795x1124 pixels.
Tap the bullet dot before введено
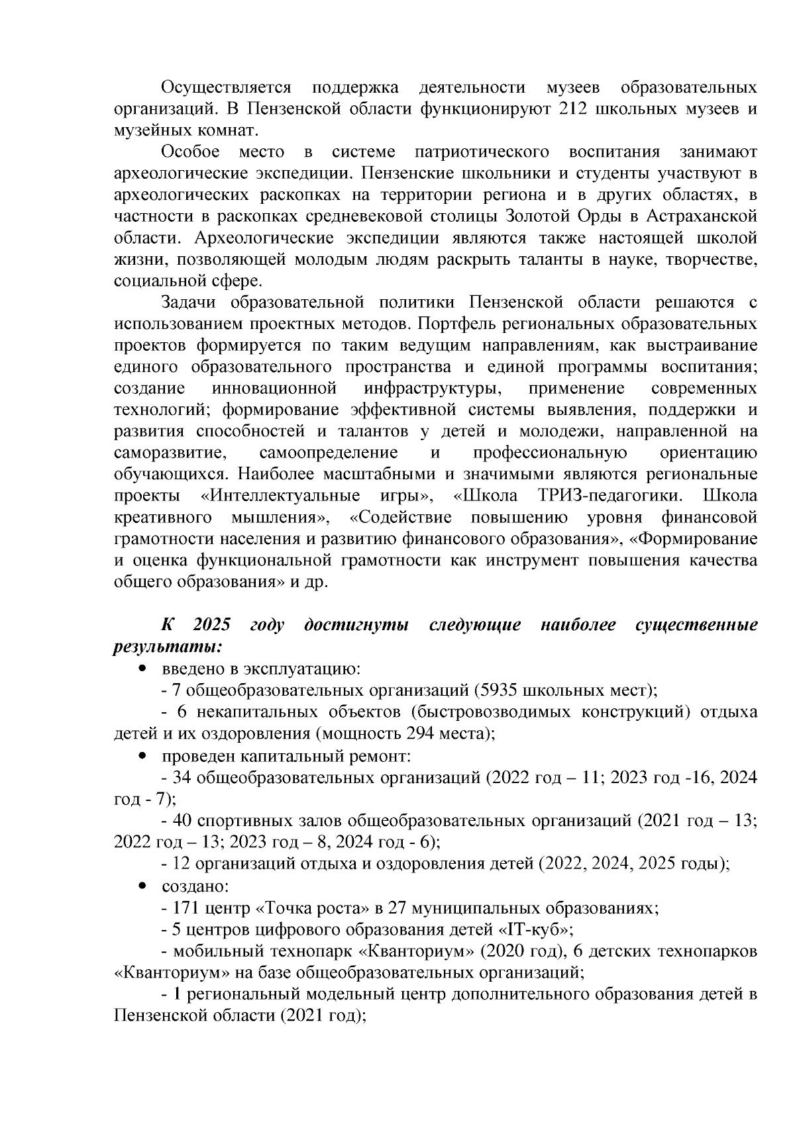coord(142,670)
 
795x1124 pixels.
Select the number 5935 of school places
coord(497,690)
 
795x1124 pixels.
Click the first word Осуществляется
coord(227,87)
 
